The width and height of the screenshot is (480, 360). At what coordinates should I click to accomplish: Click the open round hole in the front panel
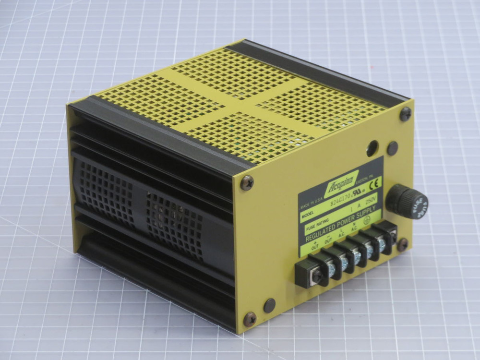pos(372,148)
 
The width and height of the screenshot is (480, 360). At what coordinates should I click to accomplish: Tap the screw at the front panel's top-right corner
pos(405,114)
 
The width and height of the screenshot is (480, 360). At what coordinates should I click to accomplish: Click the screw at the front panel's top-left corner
pos(247,182)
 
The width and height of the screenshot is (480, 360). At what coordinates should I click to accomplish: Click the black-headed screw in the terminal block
pos(317,277)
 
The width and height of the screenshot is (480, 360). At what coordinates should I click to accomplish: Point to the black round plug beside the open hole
pos(392,148)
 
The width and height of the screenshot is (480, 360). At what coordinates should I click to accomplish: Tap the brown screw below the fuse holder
pos(402,244)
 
